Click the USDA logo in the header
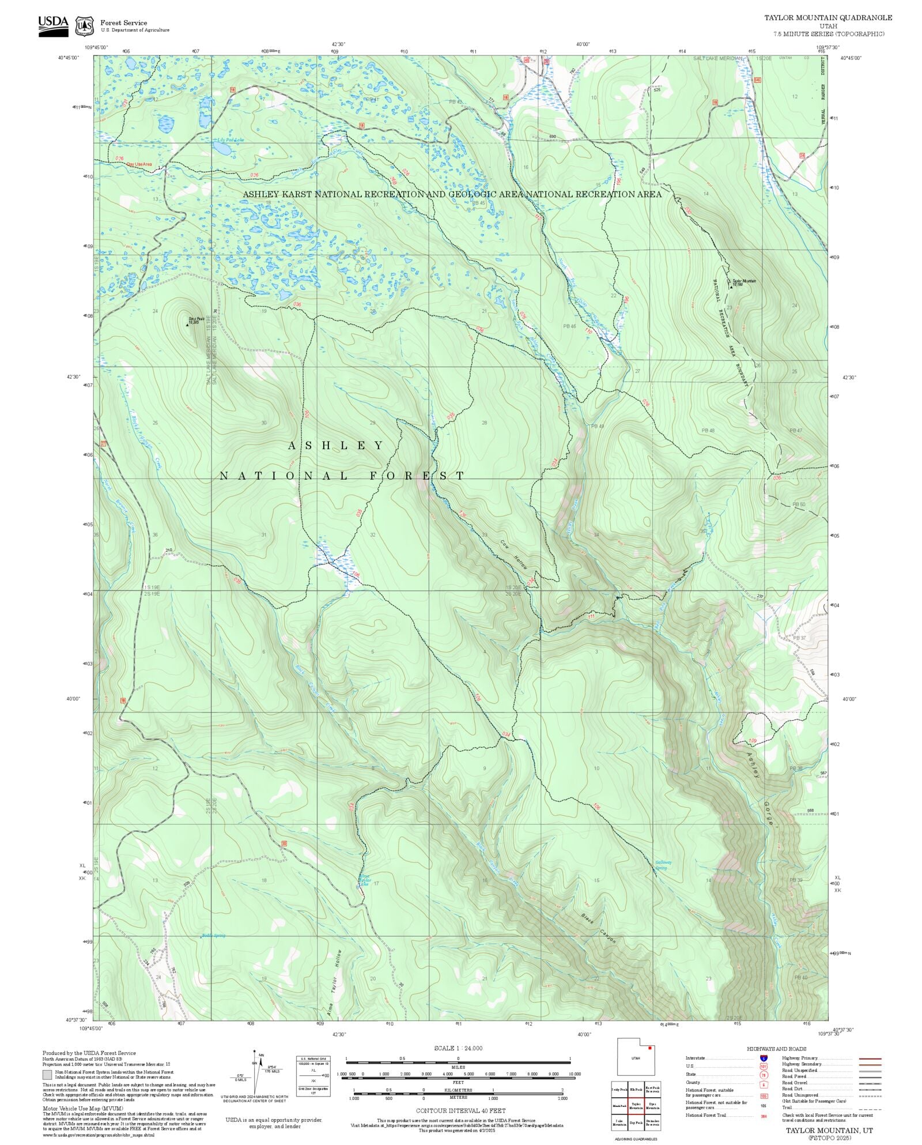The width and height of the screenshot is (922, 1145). pyautogui.click(x=53, y=26)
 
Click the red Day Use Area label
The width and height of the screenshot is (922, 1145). pyautogui.click(x=139, y=164)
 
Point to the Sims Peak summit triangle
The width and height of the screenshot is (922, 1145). pyautogui.click(x=187, y=325)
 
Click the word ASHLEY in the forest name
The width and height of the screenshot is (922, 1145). pyautogui.click(x=336, y=446)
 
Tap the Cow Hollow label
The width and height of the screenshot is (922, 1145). pyautogui.click(x=513, y=555)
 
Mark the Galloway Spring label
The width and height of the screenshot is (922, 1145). pyautogui.click(x=663, y=865)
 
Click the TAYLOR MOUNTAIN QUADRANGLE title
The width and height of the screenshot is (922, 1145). pyautogui.click(x=828, y=18)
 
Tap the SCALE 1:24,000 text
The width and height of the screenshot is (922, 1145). pyautogui.click(x=458, y=1048)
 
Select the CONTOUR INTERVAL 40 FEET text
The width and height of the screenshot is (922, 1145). pyautogui.click(x=460, y=1110)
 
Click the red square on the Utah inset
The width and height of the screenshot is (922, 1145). pyautogui.click(x=651, y=1048)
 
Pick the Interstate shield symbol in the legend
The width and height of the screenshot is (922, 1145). pyautogui.click(x=764, y=1059)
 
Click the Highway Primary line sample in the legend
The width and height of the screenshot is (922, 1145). pyautogui.click(x=870, y=1059)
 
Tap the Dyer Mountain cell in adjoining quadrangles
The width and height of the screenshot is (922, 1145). pyautogui.click(x=652, y=1106)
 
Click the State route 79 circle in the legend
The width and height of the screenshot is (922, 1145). pyautogui.click(x=764, y=1075)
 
